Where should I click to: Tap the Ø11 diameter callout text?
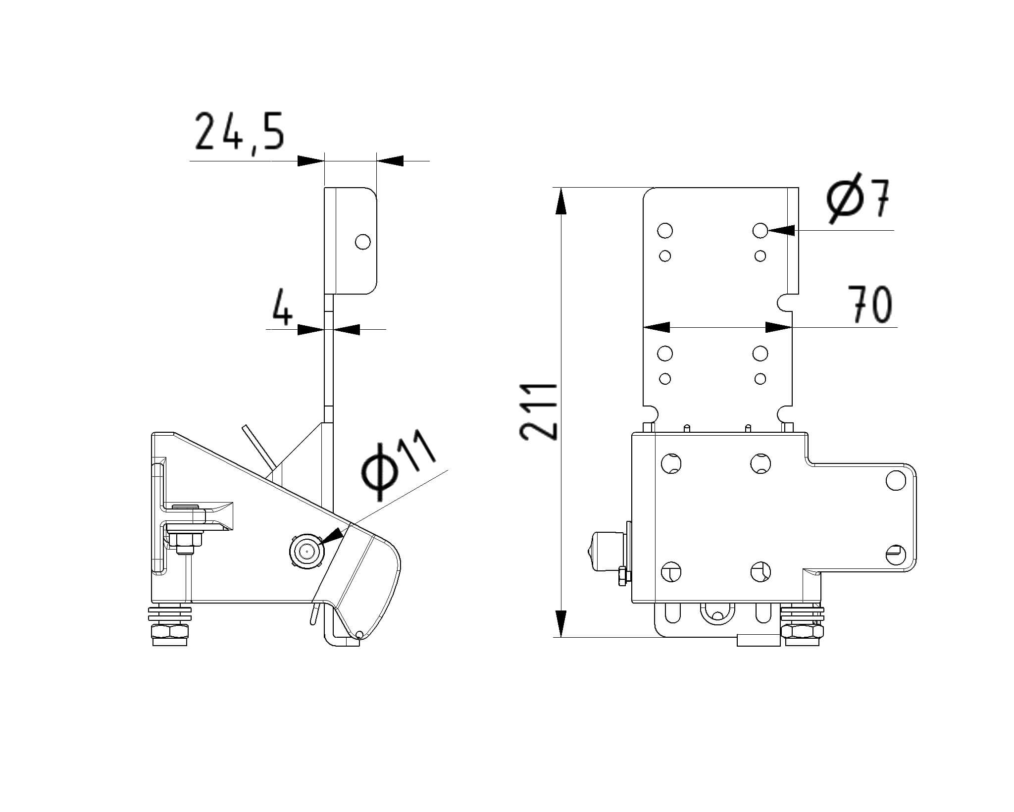click(399, 463)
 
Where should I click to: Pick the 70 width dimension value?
click(870, 304)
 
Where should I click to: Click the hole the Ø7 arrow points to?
click(760, 230)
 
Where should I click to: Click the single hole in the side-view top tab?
click(363, 242)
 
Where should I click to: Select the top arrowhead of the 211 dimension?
click(560, 201)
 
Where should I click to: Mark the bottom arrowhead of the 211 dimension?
click(560, 624)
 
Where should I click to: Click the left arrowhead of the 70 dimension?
click(657, 327)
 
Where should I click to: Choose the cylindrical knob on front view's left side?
click(608, 551)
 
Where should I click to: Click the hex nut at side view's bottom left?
click(170, 631)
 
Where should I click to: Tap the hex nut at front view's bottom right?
click(802, 631)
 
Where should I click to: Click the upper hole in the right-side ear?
click(895, 480)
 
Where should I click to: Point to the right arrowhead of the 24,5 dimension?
click(390, 161)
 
